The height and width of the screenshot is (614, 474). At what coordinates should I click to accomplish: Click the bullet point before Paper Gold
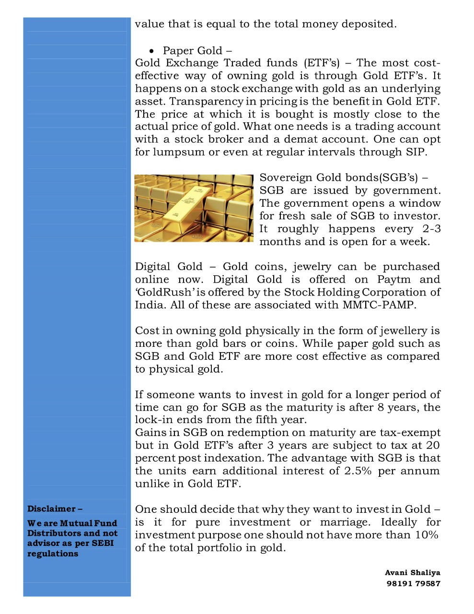(x=151, y=51)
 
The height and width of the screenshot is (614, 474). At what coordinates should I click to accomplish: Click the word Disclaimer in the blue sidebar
(x=51, y=508)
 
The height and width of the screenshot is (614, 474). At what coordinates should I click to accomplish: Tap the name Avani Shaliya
(x=412, y=572)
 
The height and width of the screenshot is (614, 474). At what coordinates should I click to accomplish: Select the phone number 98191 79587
(x=413, y=583)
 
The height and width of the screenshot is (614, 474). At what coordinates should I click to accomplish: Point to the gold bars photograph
(x=194, y=208)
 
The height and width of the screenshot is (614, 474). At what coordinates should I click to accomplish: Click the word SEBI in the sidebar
(x=103, y=543)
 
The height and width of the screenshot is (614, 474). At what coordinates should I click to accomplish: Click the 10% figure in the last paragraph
(x=427, y=535)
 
